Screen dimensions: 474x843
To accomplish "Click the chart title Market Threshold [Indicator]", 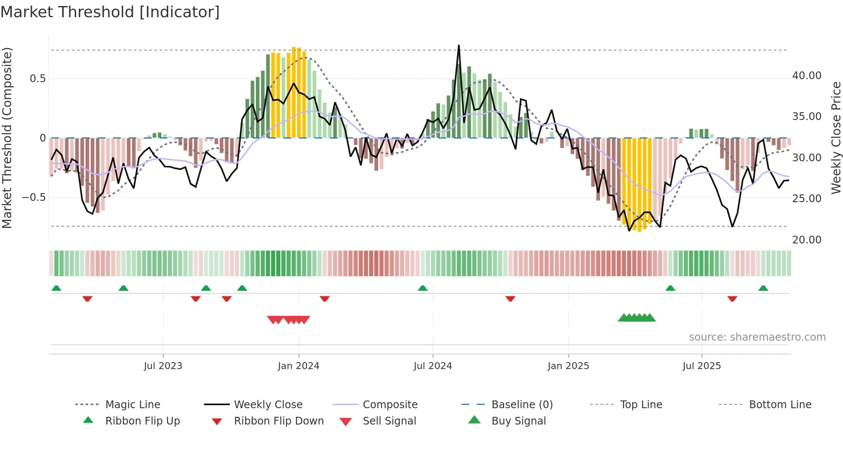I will pos(110,12).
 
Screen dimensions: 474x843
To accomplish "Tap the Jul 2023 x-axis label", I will pos(163,366).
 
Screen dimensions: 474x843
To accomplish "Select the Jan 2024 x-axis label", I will pos(298,366).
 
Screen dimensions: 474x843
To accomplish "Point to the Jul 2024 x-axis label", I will pos(433,366).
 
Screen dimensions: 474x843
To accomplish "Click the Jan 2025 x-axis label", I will pos(568,366).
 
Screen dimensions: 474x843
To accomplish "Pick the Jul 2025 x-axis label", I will pos(701,366).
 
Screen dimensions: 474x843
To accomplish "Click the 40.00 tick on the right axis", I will pos(807,76).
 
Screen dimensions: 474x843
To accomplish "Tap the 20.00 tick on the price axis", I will pos(807,240).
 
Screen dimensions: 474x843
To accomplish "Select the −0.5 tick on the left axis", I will pos(34,197).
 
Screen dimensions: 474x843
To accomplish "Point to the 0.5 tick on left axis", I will pos(38,79).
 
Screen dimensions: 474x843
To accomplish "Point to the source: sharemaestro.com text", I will pos(757,337).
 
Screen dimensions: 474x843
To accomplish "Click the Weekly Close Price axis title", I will pos(836,138).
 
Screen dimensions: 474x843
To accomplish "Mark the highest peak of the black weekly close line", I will pos(459,46).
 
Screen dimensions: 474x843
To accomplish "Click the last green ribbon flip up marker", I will pos(763,288).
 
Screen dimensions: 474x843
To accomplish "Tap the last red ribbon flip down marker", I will pos(732,299).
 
